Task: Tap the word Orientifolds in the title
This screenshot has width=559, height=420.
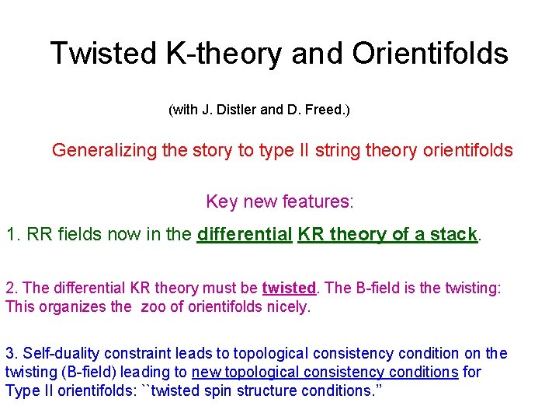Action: click(430, 54)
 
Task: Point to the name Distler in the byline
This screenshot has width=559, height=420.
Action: click(235, 110)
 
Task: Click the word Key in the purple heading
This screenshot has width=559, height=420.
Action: click(221, 202)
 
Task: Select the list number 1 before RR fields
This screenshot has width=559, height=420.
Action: click(11, 235)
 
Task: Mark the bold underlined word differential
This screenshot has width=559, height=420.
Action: click(245, 235)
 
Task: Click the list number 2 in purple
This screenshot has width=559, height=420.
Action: click(9, 289)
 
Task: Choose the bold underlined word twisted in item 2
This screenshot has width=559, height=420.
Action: click(289, 289)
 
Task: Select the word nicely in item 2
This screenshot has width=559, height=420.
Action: click(287, 306)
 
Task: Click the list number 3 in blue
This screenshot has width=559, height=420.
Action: click(9, 354)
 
